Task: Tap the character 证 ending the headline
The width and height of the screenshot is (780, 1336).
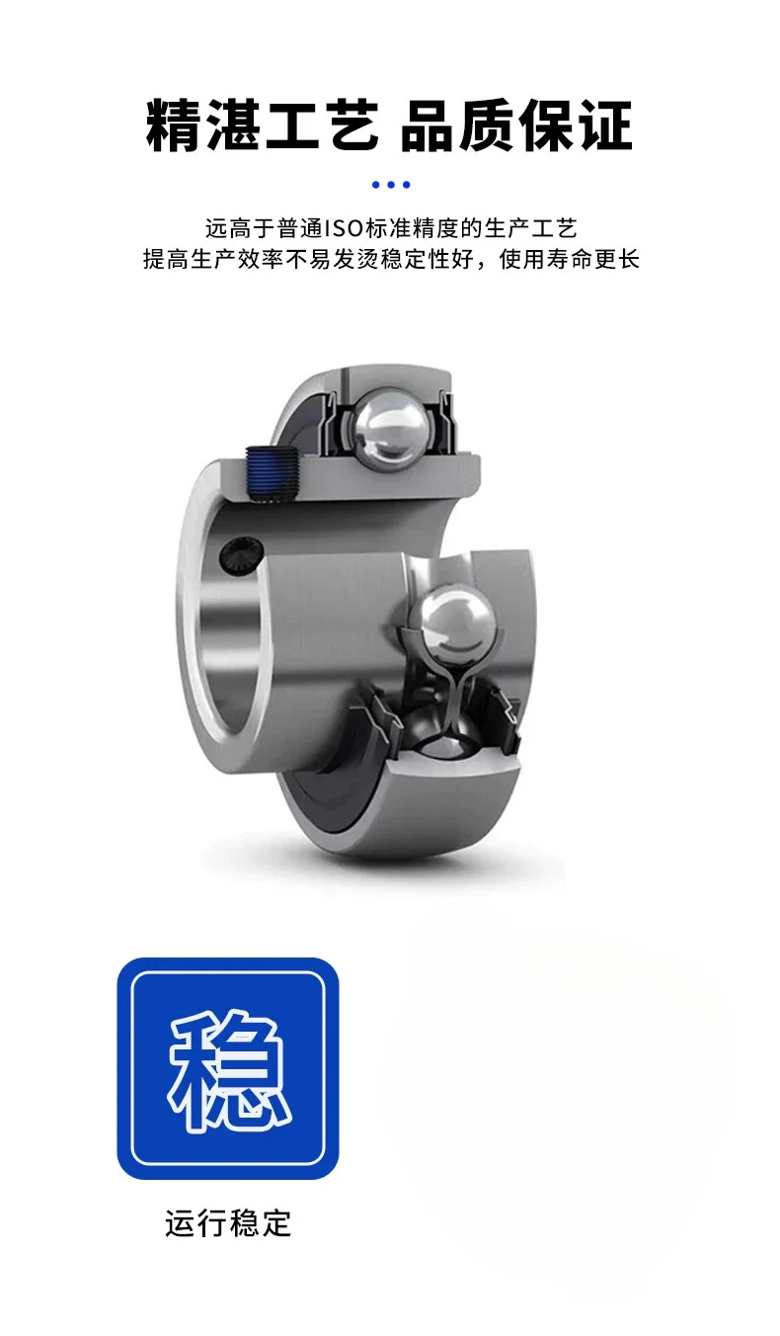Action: (x=605, y=125)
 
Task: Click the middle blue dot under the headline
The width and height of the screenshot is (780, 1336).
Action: (x=391, y=185)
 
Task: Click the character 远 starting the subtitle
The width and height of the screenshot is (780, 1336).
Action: (x=217, y=228)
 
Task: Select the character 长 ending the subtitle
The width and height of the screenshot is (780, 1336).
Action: (x=628, y=260)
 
